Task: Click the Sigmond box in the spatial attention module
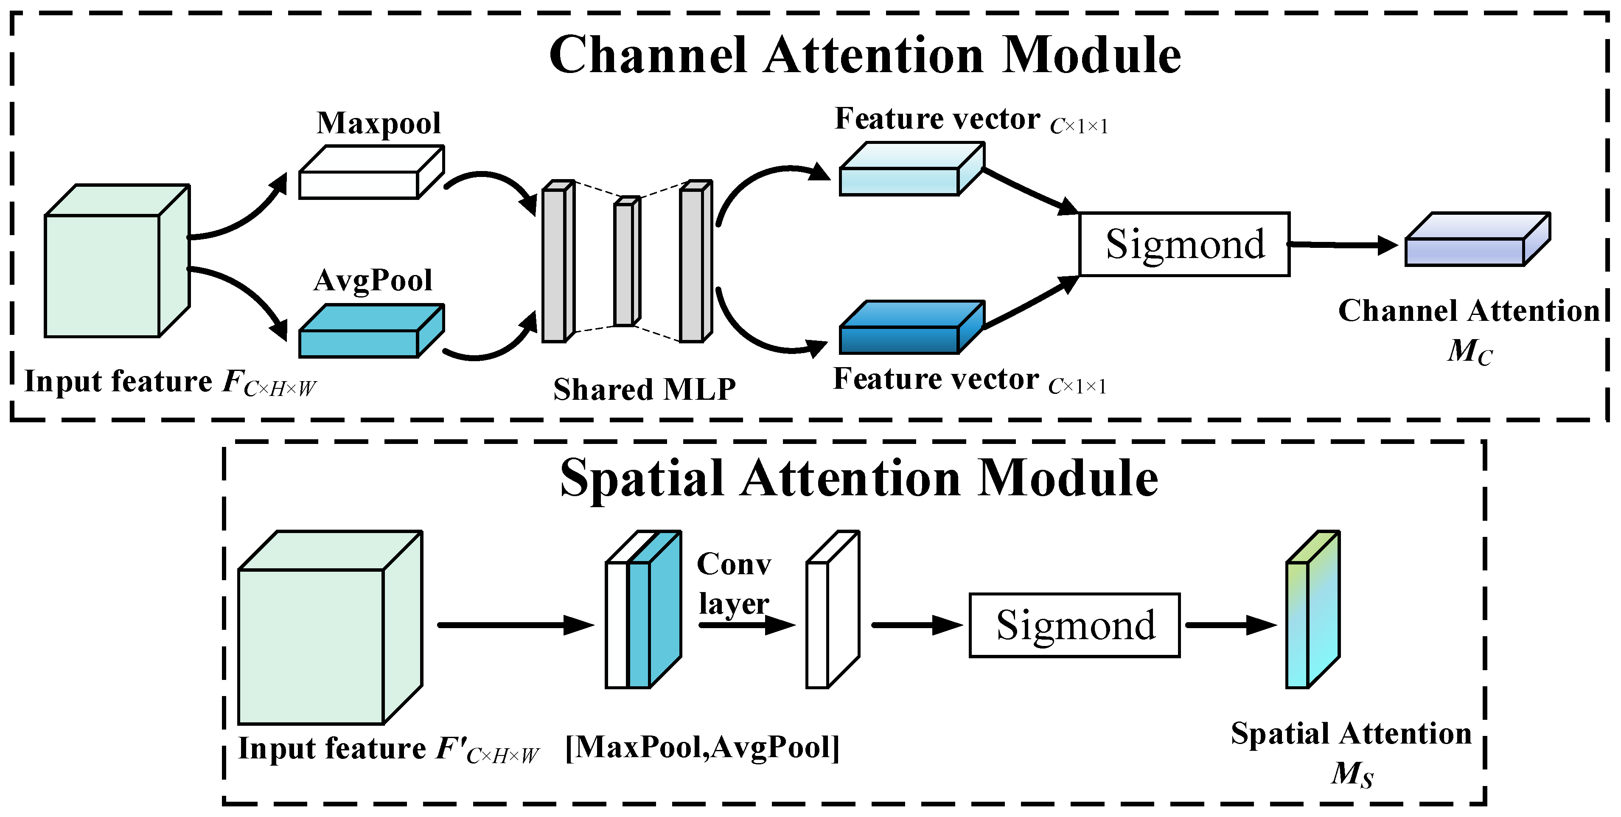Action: click(x=1074, y=625)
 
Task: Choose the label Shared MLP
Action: click(x=644, y=389)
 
